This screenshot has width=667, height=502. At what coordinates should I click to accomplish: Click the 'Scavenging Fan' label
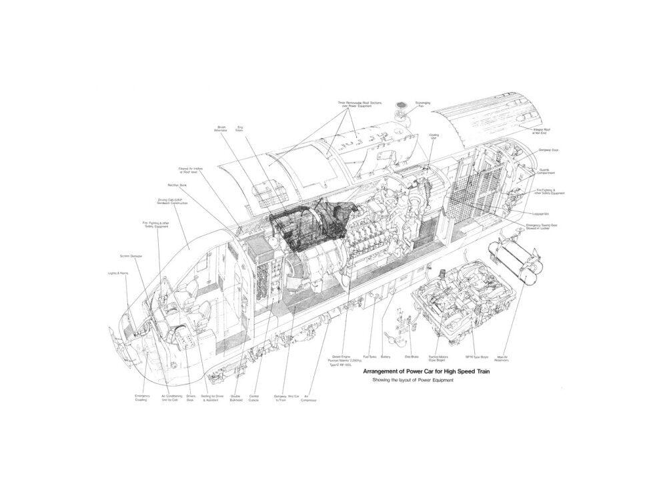422,105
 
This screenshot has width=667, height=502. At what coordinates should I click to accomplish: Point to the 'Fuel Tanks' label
370,357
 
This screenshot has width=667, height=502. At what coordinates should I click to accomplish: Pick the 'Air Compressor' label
309,398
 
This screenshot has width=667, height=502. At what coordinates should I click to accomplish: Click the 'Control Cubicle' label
253,398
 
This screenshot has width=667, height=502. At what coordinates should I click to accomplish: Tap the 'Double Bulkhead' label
236,398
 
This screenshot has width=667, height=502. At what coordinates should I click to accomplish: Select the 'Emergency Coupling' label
141,398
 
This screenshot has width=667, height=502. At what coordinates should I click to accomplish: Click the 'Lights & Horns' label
117,273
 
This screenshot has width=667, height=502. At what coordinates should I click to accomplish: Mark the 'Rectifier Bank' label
176,185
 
